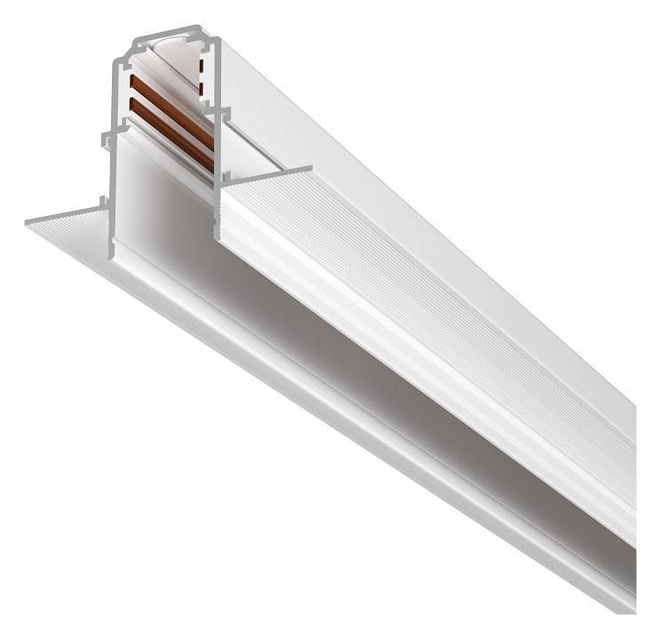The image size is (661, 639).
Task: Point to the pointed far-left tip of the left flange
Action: tap(26, 220)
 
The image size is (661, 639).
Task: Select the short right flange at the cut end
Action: tap(267, 177)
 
